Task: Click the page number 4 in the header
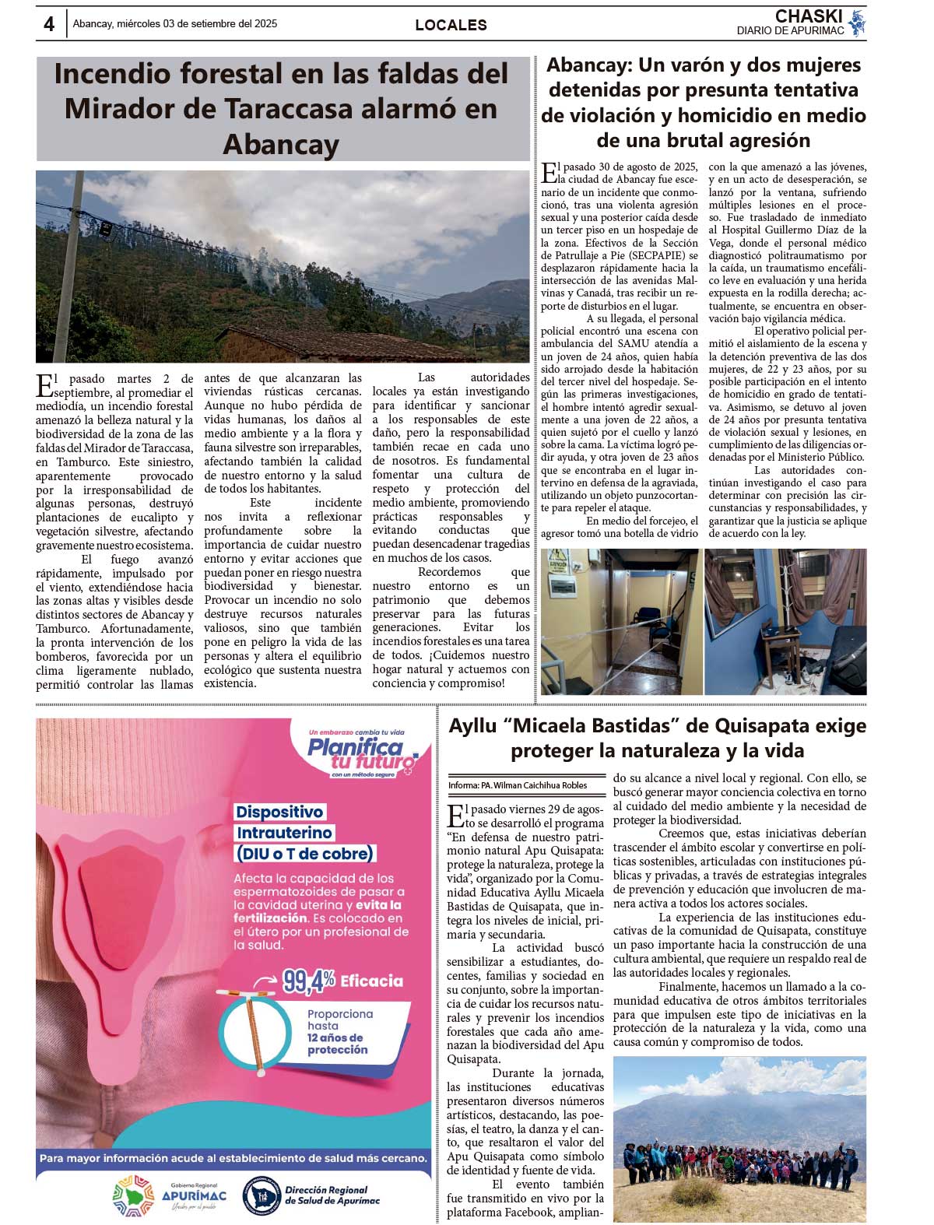coord(49,24)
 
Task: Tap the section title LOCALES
coord(451,25)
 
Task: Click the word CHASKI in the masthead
coord(809,16)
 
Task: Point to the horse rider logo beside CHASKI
coord(857,23)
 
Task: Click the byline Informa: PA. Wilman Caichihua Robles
coord(518,785)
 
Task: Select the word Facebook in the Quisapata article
coord(525,1212)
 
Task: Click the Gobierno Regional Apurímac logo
coord(170,1195)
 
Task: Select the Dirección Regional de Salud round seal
coord(262,1195)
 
